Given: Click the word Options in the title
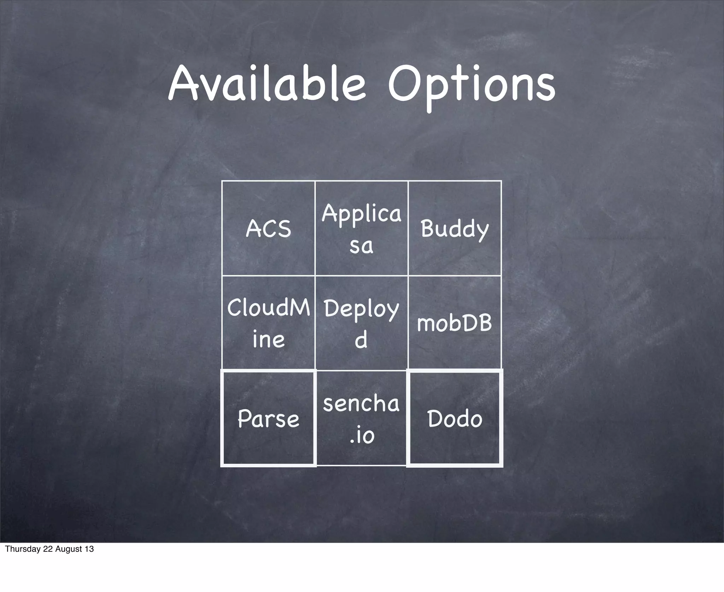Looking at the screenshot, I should (472, 87).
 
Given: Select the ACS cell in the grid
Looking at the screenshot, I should (268, 228).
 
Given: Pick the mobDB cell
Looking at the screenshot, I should (455, 323).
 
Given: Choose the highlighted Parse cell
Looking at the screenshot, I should (268, 419).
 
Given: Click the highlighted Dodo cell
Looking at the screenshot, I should (455, 419).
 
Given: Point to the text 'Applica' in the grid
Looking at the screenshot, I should (361, 214).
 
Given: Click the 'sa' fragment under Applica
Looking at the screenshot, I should (361, 246).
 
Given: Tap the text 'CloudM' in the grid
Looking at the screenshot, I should (268, 308).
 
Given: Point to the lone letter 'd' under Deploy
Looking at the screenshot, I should (361, 339).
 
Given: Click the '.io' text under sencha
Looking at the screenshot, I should (361, 435).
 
